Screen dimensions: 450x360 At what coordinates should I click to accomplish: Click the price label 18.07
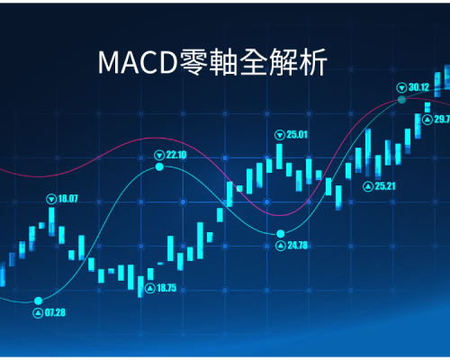pyautogui.click(x=67, y=199)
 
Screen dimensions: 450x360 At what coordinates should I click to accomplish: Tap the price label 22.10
pyautogui.click(x=176, y=155)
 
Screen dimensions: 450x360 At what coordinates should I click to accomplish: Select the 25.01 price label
pyautogui.click(x=297, y=135)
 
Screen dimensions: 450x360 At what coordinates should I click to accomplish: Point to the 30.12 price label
pyautogui.click(x=418, y=87)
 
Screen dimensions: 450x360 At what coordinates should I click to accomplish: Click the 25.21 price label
pyautogui.click(x=385, y=186)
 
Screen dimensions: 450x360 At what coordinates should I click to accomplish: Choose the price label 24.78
pyautogui.click(x=298, y=246)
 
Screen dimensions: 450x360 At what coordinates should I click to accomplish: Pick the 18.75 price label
pyautogui.click(x=166, y=288)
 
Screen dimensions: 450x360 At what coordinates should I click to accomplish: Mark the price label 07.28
pyautogui.click(x=55, y=313)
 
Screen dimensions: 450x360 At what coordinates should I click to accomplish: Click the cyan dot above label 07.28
pyautogui.click(x=38, y=301)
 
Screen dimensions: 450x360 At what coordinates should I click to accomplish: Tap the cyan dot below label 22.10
pyautogui.click(x=159, y=166)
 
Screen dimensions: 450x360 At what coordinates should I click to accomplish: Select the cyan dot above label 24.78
pyautogui.click(x=281, y=233)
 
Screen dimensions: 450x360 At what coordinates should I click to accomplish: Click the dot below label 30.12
pyautogui.click(x=401, y=100)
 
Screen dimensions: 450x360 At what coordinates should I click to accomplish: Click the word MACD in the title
pyautogui.click(x=138, y=62)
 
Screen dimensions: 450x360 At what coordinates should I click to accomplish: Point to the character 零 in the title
pyautogui.click(x=193, y=62)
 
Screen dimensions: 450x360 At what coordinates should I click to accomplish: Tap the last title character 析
pyautogui.click(x=312, y=62)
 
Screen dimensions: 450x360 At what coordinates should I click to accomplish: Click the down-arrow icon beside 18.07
pyautogui.click(x=51, y=199)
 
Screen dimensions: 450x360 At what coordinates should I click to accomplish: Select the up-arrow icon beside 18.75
pyautogui.click(x=150, y=289)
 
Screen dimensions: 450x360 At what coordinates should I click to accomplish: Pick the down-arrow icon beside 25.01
pyautogui.click(x=280, y=135)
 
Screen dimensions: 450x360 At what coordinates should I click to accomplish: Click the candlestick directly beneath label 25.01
pyautogui.click(x=279, y=157)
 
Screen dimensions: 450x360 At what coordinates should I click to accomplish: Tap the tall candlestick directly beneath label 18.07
pyautogui.click(x=51, y=221)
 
